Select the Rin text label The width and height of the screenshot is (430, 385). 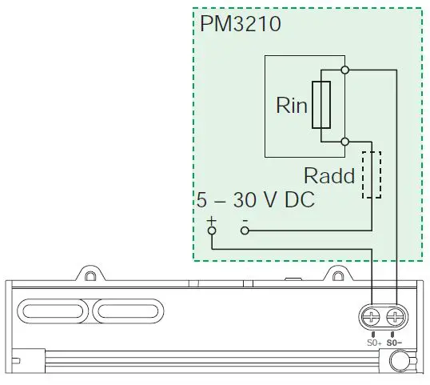point(292,106)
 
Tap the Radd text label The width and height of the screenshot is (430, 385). point(328,176)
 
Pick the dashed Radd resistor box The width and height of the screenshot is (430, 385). point(372,174)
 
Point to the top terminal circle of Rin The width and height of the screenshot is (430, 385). point(344,70)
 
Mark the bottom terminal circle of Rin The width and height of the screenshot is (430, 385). point(344,142)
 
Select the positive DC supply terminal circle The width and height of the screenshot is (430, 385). point(212,231)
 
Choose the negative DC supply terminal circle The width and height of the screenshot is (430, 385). point(245,231)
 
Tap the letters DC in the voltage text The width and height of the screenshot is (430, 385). point(298,200)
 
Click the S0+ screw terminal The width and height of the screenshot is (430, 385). point(373,318)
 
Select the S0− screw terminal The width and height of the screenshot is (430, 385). point(395,318)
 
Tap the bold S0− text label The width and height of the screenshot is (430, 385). point(396,342)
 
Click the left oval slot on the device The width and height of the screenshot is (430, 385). point(55,311)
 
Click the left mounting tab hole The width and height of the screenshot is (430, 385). point(90,275)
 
